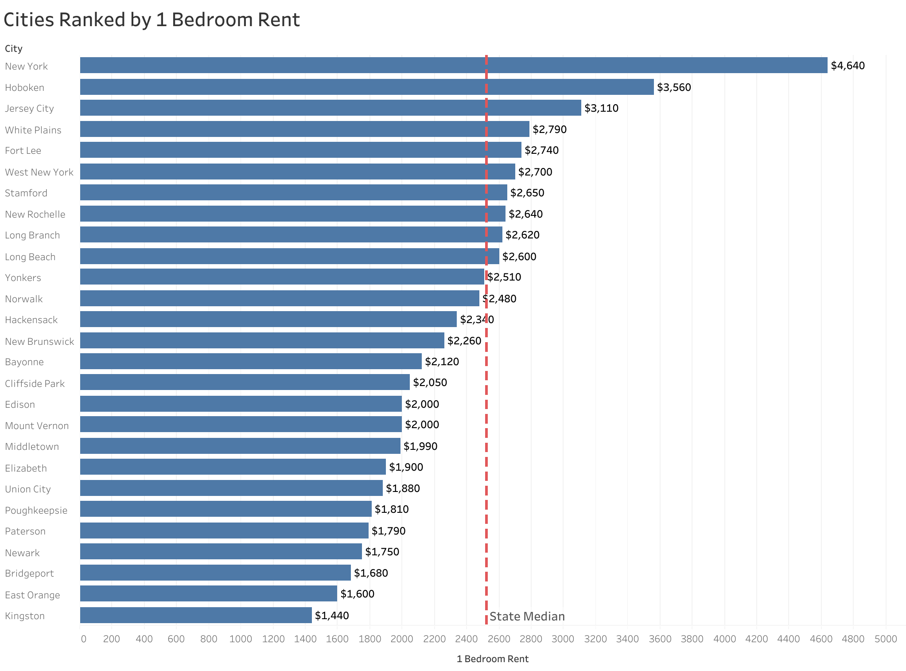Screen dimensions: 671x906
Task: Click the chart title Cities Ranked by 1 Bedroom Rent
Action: pos(152,20)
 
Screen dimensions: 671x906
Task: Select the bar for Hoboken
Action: pos(366,87)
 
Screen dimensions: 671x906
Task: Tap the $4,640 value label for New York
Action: pos(848,66)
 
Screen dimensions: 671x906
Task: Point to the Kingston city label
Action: pos(25,616)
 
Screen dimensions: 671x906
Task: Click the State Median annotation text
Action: pos(527,616)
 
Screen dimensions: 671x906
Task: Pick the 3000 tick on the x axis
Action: pos(563,639)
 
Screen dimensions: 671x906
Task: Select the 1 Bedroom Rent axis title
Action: pos(492,659)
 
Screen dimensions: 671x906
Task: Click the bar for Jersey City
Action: pos(330,108)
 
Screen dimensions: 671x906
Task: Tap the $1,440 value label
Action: pos(332,615)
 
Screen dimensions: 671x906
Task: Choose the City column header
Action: pos(14,49)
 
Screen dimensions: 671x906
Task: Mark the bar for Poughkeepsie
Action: pos(226,509)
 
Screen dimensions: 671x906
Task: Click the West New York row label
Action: pos(39,172)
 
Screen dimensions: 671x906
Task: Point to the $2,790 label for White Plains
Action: pos(549,129)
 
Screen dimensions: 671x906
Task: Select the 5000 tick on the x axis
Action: pos(886,639)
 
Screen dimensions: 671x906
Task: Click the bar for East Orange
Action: pos(208,593)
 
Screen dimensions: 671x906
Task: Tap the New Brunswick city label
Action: pos(39,341)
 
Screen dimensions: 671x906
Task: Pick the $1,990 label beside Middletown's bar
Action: pos(420,446)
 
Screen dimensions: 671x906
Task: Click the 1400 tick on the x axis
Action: pos(305,639)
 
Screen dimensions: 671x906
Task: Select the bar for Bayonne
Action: pos(250,361)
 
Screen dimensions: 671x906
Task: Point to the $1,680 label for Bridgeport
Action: pos(371,573)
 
